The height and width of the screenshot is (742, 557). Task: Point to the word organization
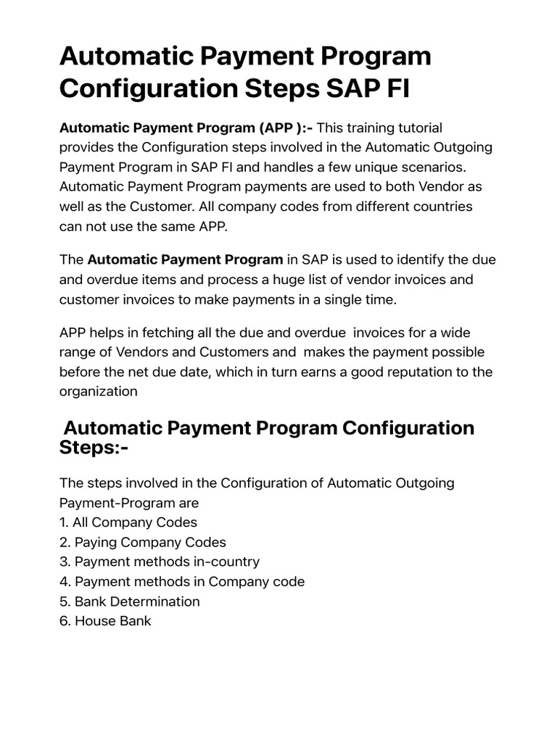pyautogui.click(x=98, y=391)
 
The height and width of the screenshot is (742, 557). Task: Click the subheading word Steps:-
pyautogui.click(x=94, y=446)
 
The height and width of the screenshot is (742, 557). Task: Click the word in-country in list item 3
pyautogui.click(x=224, y=562)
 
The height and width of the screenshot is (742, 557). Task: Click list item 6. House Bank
pyautogui.click(x=105, y=620)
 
